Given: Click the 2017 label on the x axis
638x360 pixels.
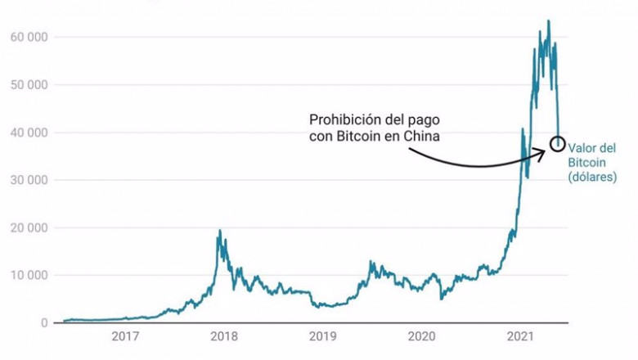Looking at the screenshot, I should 124,336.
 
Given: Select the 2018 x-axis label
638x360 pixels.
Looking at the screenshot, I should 223,336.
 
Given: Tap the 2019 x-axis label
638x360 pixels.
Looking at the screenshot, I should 322,336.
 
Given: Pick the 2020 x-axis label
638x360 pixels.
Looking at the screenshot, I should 421,336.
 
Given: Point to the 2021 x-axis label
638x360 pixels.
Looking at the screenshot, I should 521,336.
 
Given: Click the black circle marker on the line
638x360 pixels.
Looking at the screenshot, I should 557,143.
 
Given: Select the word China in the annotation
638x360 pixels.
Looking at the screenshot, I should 421,136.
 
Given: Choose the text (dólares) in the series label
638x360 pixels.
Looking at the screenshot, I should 592,177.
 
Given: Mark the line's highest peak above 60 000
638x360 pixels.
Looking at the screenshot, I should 548,21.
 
